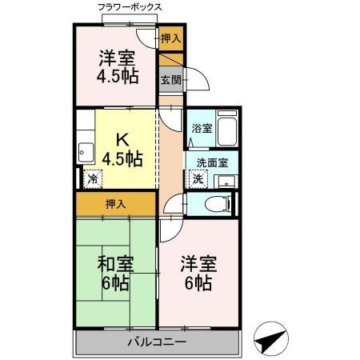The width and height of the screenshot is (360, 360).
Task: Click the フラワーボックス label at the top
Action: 130,7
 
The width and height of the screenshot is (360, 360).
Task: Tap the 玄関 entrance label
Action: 169,79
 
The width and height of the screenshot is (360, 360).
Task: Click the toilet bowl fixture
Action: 211,204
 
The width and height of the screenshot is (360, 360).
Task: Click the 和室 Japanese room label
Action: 115,264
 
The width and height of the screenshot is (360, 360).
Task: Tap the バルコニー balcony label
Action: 157,343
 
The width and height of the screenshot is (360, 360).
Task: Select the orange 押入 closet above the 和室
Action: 115,204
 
